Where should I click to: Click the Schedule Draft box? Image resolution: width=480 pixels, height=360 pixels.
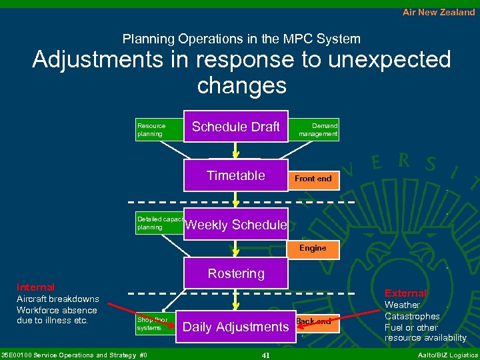[x=236, y=127]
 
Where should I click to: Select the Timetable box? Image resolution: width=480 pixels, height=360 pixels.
[x=236, y=175]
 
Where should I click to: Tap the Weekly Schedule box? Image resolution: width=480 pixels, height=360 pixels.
[x=236, y=225]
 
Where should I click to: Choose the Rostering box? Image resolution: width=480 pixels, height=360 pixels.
[x=236, y=273]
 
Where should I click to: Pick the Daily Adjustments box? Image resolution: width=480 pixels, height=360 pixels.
[x=236, y=327]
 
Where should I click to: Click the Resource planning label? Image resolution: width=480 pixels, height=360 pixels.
[x=151, y=129]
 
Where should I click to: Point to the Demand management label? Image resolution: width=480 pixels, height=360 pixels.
[x=319, y=129]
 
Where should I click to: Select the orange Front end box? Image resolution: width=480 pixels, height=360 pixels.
[x=313, y=179]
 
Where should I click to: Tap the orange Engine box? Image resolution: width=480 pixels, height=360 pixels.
[x=313, y=248]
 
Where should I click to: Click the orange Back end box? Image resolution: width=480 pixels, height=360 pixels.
[x=313, y=321]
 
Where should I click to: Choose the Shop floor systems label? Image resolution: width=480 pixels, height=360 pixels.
[x=153, y=323]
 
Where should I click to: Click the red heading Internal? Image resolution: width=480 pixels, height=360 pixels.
[x=35, y=287]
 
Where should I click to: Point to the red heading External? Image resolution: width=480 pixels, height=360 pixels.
[x=405, y=293]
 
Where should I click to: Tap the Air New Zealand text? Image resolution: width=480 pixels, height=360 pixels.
[x=439, y=12]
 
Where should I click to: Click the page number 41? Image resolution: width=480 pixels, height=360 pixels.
[x=265, y=355]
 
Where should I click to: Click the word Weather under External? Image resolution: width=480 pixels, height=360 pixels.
[x=402, y=305]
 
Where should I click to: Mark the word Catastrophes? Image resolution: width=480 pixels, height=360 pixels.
[x=412, y=316]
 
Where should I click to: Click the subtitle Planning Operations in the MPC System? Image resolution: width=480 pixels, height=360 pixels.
[x=241, y=39]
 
